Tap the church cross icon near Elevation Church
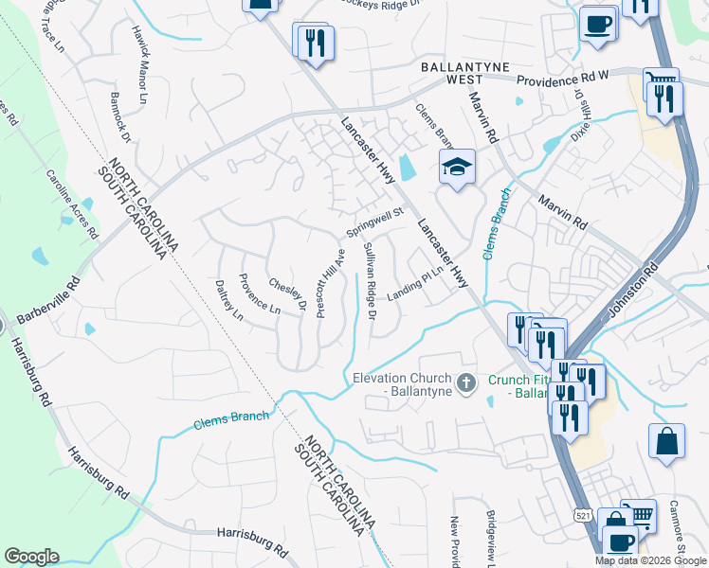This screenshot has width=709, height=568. (465, 383)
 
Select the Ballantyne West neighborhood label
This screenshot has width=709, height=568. (465, 73)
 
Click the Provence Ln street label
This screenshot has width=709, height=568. (259, 294)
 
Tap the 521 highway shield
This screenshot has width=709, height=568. (582, 512)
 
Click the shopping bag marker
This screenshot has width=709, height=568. (667, 440)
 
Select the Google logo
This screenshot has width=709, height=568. (31, 557)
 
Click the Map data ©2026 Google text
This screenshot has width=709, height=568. (649, 560)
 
